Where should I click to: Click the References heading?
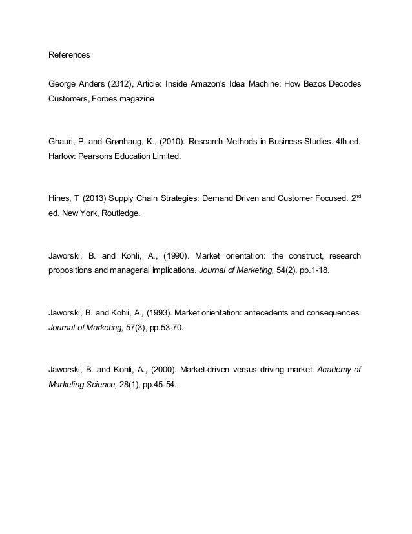[70, 55]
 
